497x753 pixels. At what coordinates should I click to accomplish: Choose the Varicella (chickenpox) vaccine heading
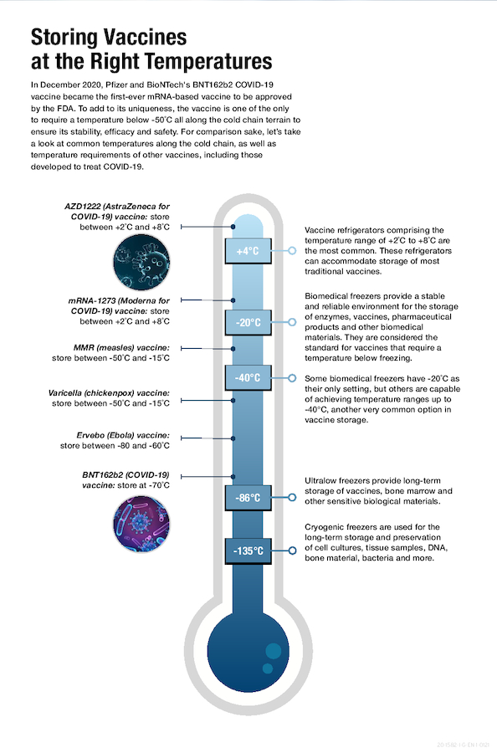tap(110, 392)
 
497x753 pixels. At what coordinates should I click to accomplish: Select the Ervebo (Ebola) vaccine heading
tap(122, 435)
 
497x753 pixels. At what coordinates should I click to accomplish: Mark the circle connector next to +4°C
tap(292, 251)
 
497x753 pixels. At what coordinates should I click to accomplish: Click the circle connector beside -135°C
tap(292, 551)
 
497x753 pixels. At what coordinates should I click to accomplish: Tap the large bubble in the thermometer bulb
tap(273, 652)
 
